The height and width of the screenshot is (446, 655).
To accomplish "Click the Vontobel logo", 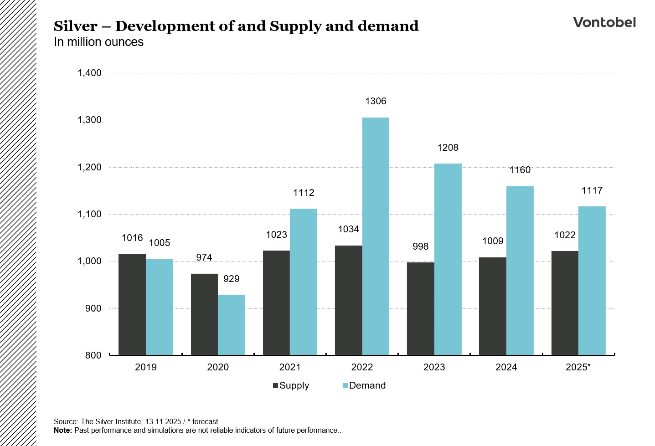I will (604, 22).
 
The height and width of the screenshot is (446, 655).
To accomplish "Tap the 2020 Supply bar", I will (204, 314).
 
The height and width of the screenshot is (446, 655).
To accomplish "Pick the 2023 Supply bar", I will (420, 309).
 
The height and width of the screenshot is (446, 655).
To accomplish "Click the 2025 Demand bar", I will (592, 281).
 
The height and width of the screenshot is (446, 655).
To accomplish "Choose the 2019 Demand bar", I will (160, 307).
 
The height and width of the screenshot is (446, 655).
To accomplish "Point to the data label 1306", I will (376, 101).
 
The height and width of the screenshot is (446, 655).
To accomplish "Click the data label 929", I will (232, 279).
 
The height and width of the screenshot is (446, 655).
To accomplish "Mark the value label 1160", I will (520, 170).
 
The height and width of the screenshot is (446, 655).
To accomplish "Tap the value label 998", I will (420, 246).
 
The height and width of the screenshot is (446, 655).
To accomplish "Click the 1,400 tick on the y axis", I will (89, 73).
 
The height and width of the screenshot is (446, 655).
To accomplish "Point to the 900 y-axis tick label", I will (93, 308).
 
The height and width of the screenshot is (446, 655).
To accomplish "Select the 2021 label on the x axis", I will (290, 367).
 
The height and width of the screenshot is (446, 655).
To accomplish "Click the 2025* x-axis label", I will (578, 367).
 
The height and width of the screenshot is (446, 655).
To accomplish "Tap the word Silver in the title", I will (75, 26).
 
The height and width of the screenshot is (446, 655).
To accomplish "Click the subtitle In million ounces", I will (98, 42).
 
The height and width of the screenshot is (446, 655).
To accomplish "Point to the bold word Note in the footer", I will (62, 431).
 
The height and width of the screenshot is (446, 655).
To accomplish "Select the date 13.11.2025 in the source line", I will (163, 422).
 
